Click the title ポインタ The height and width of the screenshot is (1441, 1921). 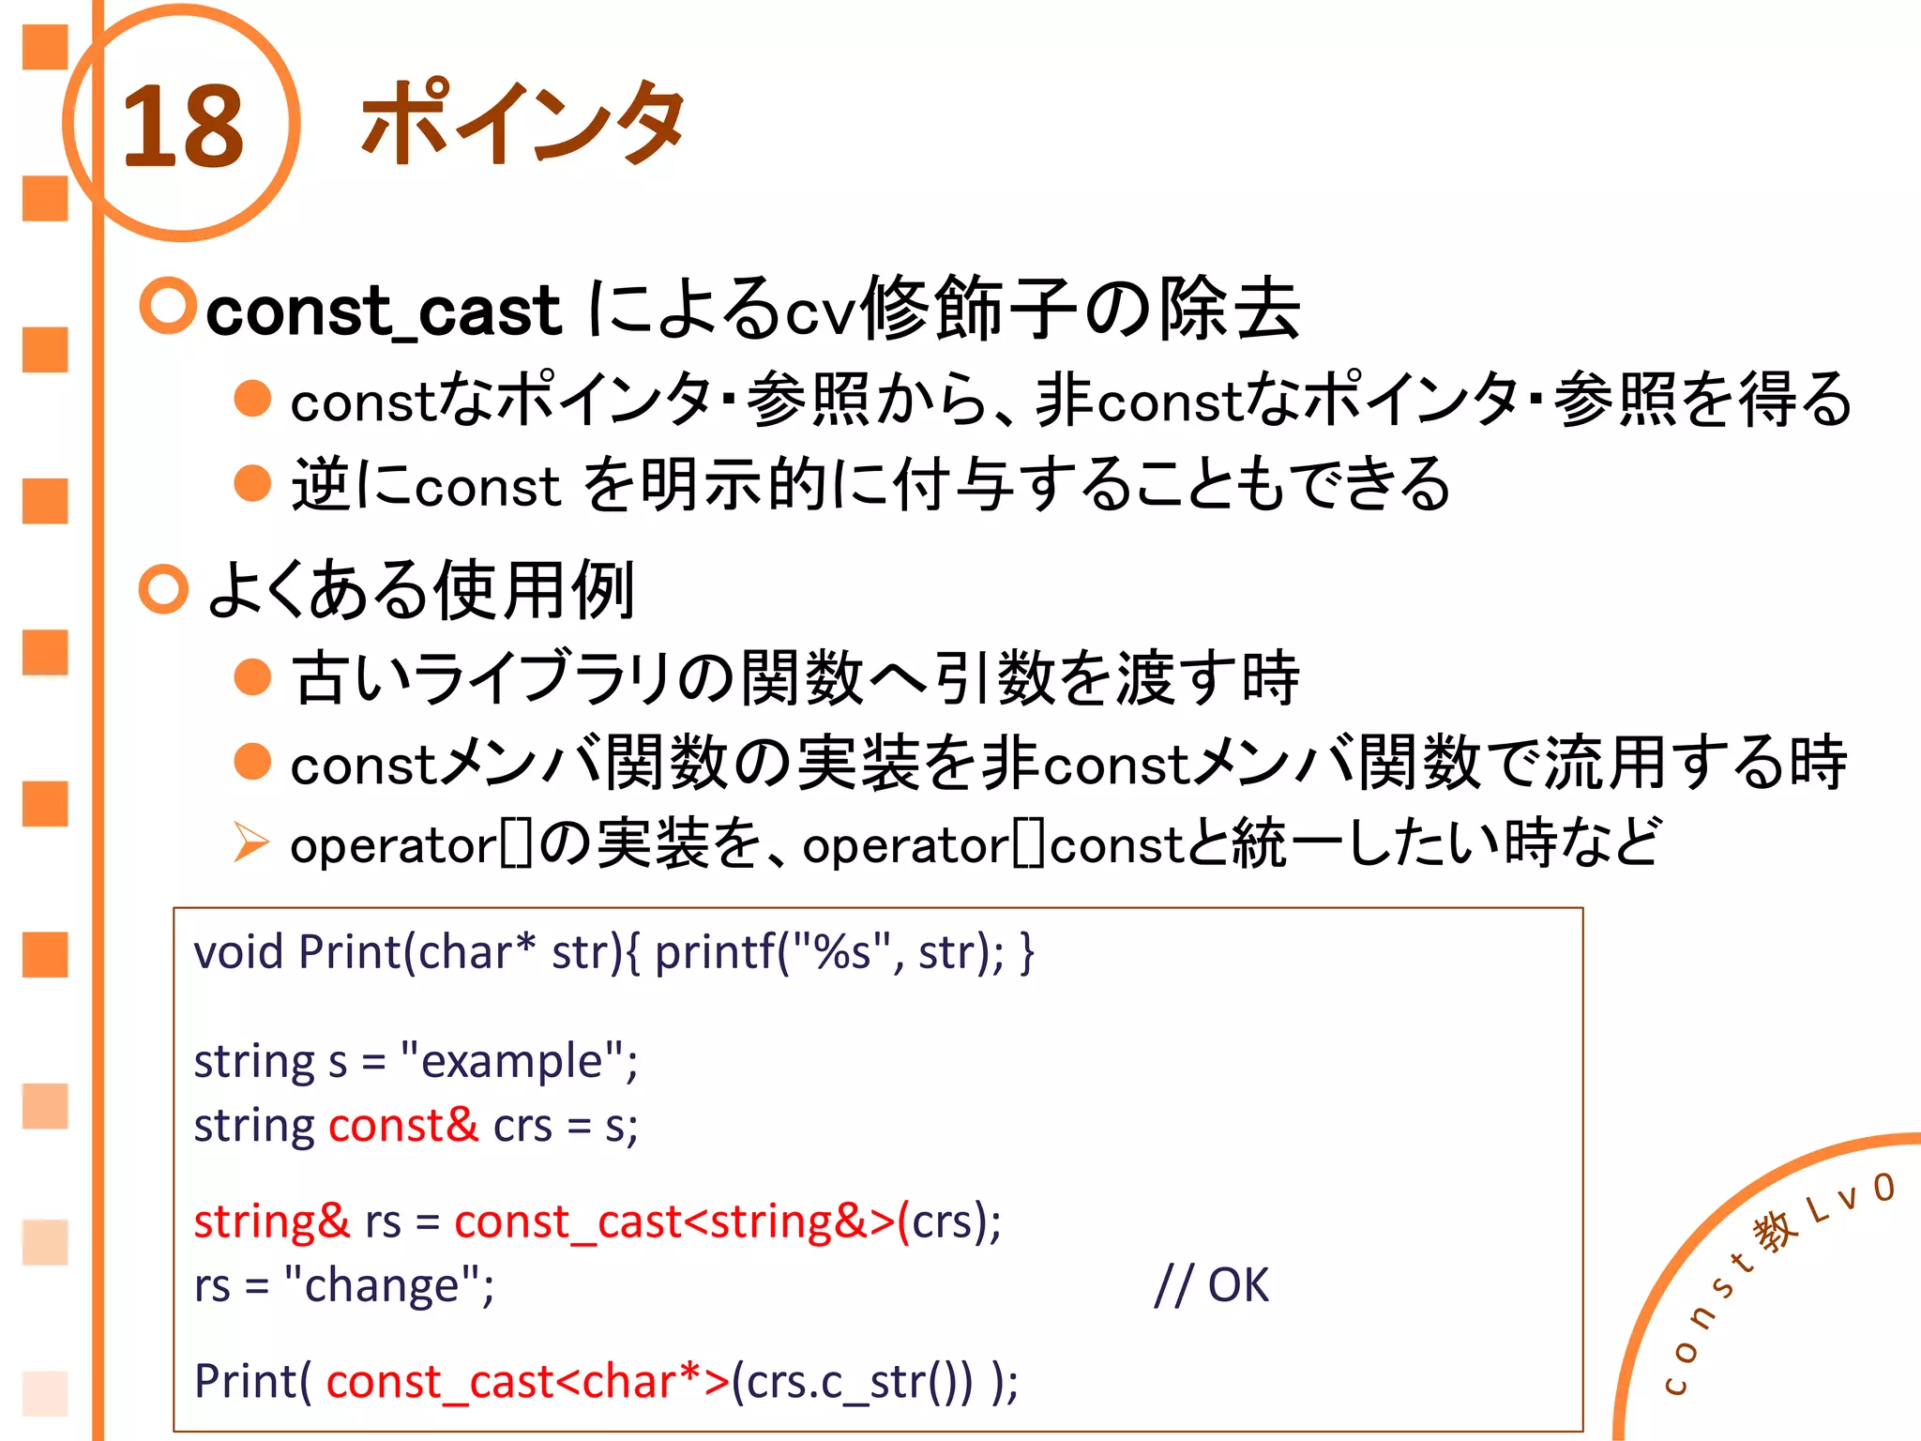(522, 122)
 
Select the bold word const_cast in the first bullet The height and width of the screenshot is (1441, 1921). (383, 311)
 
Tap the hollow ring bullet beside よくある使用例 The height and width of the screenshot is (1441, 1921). (164, 589)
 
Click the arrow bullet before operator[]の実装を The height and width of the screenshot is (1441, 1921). (250, 842)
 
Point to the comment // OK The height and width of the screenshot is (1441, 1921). (1211, 1284)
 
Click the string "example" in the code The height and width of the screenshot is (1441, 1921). (514, 1061)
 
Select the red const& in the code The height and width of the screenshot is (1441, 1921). (403, 1125)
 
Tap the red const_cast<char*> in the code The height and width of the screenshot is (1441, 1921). (527, 1381)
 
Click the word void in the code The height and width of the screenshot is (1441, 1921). (238, 952)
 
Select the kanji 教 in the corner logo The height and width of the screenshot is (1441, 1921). (1777, 1231)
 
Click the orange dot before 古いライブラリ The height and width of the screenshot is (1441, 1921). (252, 676)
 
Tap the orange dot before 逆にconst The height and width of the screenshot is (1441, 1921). (252, 484)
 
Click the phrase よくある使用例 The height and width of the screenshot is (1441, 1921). (421, 590)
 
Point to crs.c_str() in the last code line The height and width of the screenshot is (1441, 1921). (852, 1381)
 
